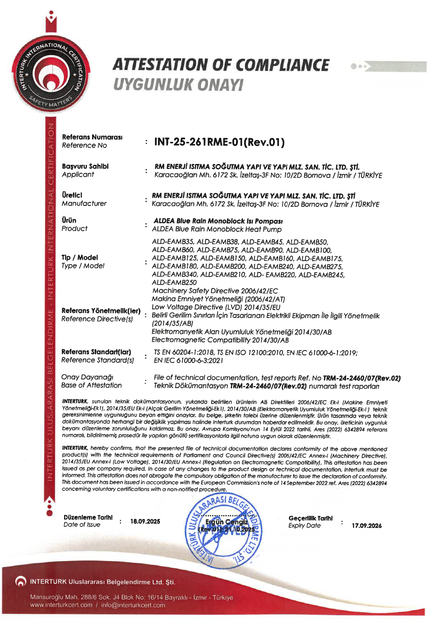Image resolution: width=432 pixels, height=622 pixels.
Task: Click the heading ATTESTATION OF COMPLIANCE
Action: click(x=221, y=65)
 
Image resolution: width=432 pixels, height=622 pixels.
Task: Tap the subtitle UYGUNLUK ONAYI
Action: click(x=178, y=84)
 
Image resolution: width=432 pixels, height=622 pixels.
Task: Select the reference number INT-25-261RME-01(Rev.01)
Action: click(x=219, y=142)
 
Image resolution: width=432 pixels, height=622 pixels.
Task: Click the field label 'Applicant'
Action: click(x=78, y=175)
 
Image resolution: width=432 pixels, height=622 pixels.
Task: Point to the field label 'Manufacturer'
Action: click(x=84, y=204)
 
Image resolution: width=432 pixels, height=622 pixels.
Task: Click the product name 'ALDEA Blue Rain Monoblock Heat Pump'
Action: click(x=217, y=229)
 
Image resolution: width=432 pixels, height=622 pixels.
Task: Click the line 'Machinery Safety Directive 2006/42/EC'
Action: click(x=215, y=291)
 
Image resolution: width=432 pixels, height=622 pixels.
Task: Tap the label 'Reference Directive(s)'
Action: click(x=97, y=319)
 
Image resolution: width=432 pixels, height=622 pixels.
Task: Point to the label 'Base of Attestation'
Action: click(x=91, y=385)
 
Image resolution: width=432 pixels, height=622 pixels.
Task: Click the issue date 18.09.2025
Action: click(x=145, y=521)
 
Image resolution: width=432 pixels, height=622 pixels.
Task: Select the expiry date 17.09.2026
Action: click(x=367, y=526)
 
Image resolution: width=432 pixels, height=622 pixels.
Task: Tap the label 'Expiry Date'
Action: click(x=304, y=526)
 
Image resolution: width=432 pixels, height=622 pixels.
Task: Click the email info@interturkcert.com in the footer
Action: click(x=133, y=605)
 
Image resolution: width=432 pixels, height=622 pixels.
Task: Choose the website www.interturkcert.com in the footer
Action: click(x=61, y=605)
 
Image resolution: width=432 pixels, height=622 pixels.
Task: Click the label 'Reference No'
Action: click(x=84, y=145)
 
